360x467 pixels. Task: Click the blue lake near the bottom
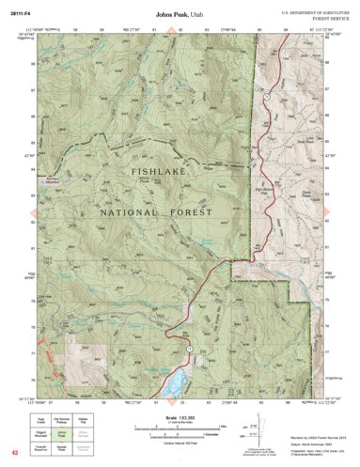click(x=172, y=381)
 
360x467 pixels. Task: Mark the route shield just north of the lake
click(x=191, y=350)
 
